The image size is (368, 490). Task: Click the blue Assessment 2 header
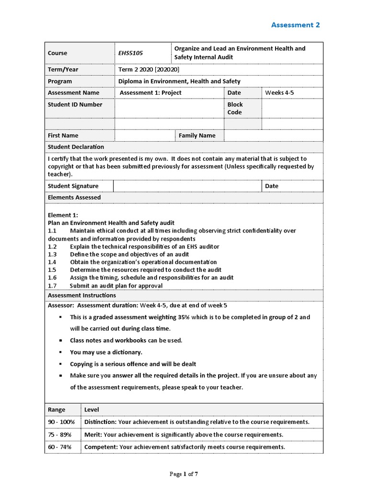click(x=295, y=25)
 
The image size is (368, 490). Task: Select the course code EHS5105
click(x=130, y=53)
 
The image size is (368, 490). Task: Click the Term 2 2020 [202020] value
click(x=149, y=69)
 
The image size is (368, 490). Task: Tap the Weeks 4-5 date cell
click(x=279, y=93)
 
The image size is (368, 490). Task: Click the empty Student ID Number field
click(x=169, y=108)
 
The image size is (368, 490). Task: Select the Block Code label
click(x=235, y=108)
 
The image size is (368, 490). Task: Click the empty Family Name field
click(x=273, y=135)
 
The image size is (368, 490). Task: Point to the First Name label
click(x=63, y=135)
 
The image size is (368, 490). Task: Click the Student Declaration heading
click(x=76, y=147)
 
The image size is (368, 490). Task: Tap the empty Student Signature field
click(x=187, y=186)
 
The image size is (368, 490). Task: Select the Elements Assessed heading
click(x=74, y=197)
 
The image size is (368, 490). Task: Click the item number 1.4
click(x=52, y=262)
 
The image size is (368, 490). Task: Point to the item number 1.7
click(x=52, y=286)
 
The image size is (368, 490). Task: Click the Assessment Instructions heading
click(x=81, y=295)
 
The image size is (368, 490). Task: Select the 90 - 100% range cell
click(x=62, y=422)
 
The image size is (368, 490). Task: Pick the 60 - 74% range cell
click(x=60, y=447)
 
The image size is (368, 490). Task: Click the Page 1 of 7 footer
click(x=184, y=474)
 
